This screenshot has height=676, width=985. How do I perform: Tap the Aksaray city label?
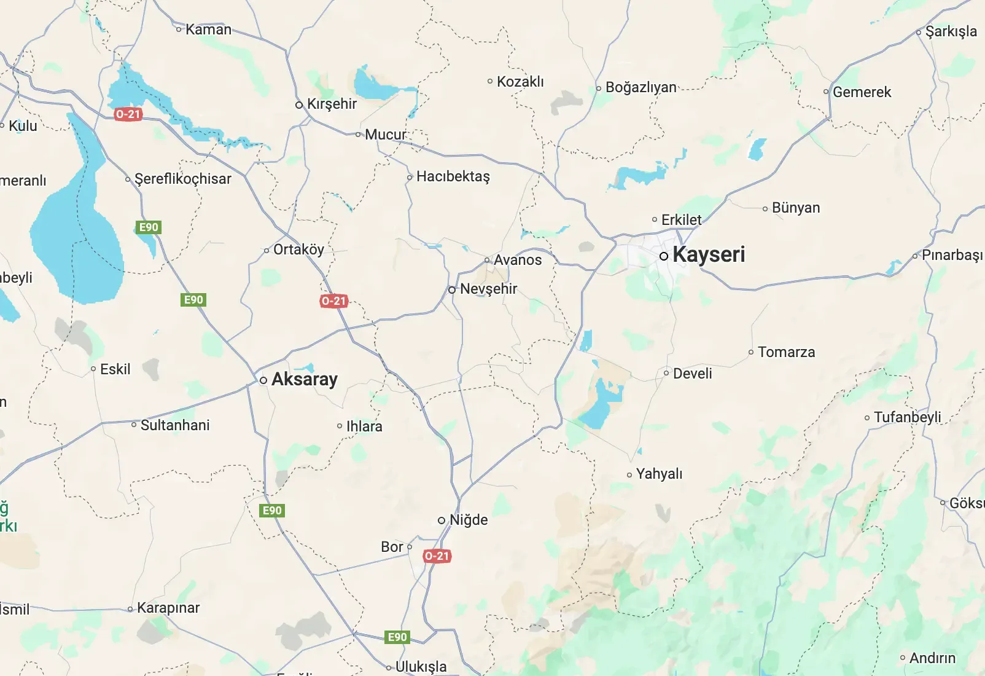pyautogui.click(x=304, y=379)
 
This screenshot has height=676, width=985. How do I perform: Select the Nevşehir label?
pyautogui.click(x=488, y=289)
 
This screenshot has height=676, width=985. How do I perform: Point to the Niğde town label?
pyautogui.click(x=469, y=520)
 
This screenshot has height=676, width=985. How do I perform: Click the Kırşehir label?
pyautogui.click(x=332, y=104)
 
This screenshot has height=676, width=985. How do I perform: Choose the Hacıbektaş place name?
pyautogui.click(x=453, y=176)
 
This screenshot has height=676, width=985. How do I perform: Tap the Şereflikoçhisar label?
pyautogui.click(x=182, y=179)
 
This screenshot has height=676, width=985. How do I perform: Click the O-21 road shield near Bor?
pyautogui.click(x=437, y=556)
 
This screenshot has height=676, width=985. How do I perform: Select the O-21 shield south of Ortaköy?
pyautogui.click(x=333, y=301)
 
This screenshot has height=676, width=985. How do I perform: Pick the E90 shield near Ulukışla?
pyautogui.click(x=397, y=637)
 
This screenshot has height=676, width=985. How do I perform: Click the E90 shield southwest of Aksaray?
pyautogui.click(x=272, y=511)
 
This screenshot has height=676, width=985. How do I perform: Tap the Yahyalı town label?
pyautogui.click(x=659, y=474)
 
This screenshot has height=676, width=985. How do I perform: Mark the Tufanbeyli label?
pyautogui.click(x=907, y=417)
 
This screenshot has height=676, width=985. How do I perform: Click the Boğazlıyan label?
pyautogui.click(x=640, y=87)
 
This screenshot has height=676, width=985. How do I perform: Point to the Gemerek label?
pyautogui.click(x=862, y=92)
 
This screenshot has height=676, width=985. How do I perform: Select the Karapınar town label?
pyautogui.click(x=168, y=608)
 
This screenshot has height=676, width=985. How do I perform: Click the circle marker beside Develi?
pyautogui.click(x=666, y=373)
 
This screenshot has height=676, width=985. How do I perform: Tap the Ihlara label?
pyautogui.click(x=364, y=426)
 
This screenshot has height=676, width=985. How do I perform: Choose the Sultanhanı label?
pyautogui.click(x=175, y=425)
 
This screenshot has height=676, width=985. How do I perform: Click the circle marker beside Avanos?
pyautogui.click(x=487, y=260)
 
